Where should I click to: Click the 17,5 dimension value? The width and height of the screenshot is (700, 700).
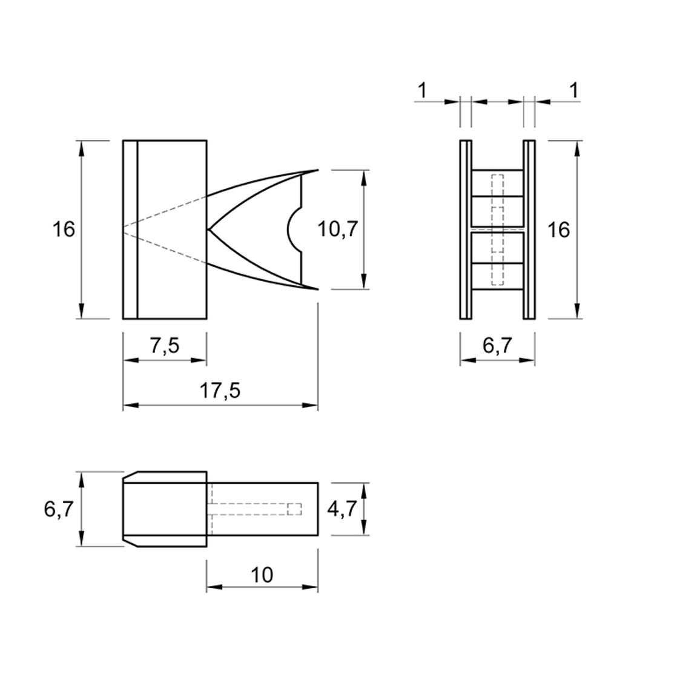(x=220, y=391)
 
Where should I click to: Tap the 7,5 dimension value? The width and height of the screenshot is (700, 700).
(x=164, y=346)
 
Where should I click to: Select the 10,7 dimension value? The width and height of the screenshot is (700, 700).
(x=338, y=229)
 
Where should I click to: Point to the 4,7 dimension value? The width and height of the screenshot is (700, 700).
(x=342, y=509)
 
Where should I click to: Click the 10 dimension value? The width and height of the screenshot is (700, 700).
(x=262, y=575)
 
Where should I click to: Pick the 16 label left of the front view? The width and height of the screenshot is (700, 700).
(x=64, y=229)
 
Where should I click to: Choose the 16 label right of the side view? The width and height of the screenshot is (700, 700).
(x=558, y=230)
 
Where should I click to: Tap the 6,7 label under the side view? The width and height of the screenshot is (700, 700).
(x=498, y=346)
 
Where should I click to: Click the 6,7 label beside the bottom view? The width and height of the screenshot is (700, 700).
(x=59, y=509)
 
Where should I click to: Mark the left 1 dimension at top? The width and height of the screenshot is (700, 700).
(x=422, y=91)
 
